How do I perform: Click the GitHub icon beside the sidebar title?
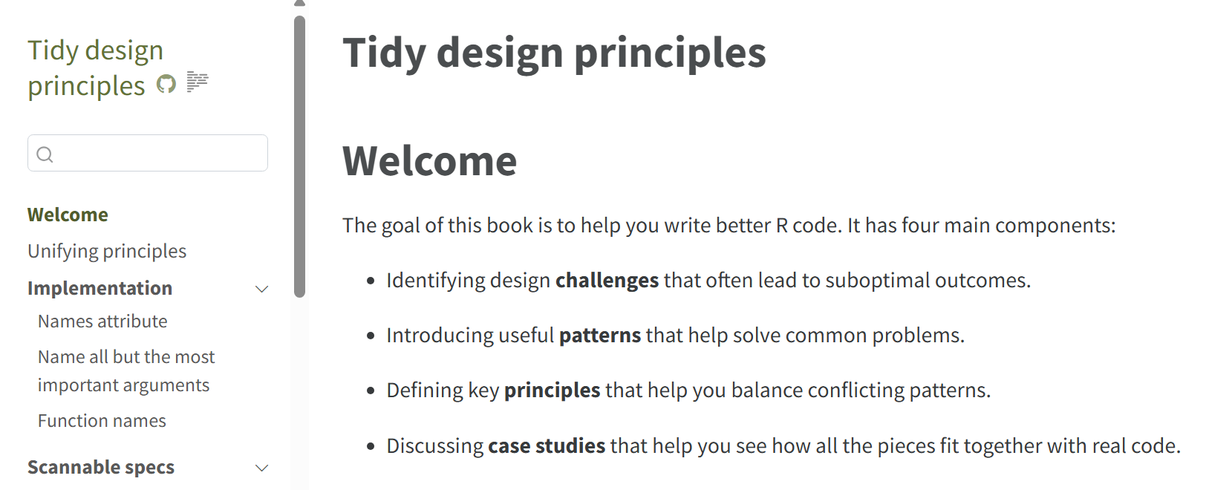(x=166, y=84)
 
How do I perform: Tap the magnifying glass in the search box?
(x=45, y=154)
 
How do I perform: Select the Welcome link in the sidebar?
(x=68, y=215)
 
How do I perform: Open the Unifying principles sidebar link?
(x=107, y=252)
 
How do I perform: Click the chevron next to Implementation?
(x=262, y=289)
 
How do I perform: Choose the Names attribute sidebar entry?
(x=102, y=321)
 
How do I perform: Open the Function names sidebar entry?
(x=102, y=421)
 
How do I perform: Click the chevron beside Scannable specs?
(x=262, y=468)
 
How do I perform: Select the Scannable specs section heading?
(x=101, y=468)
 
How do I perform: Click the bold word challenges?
(x=607, y=281)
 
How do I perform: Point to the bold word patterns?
(x=599, y=336)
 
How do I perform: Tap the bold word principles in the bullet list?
(x=552, y=391)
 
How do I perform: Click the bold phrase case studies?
(x=546, y=445)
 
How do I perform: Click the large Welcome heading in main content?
(x=429, y=160)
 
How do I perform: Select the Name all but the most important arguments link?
(x=126, y=371)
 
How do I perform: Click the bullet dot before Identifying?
(x=371, y=281)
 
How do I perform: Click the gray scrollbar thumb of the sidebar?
(x=299, y=157)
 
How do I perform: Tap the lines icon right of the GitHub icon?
(x=198, y=82)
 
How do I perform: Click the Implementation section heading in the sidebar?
(x=100, y=288)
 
